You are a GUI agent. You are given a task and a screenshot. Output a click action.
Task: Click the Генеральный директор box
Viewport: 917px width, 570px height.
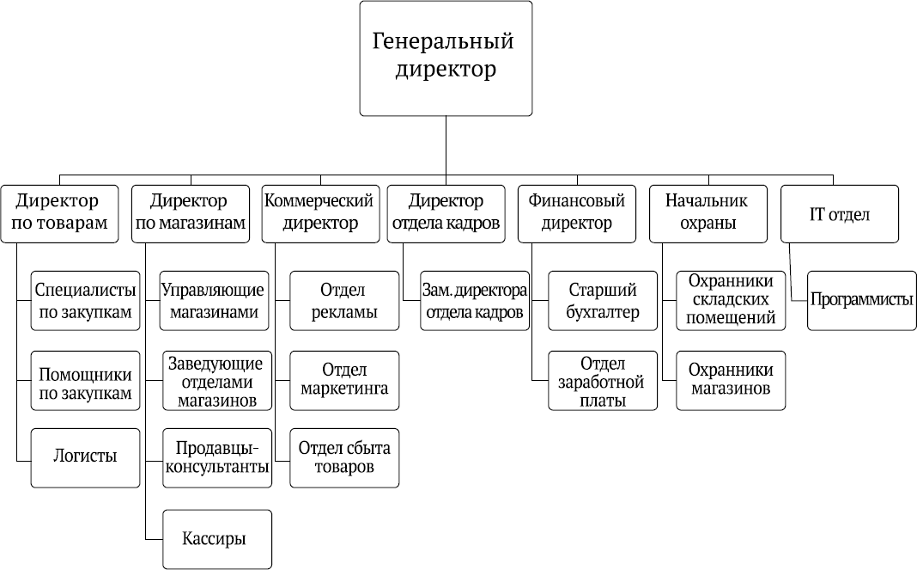tap(446, 58)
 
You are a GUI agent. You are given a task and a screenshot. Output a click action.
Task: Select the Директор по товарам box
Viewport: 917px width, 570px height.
tap(59, 214)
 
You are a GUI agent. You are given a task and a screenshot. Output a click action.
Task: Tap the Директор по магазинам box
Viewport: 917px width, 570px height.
tap(191, 214)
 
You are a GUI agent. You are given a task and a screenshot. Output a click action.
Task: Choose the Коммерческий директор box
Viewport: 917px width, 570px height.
tap(320, 214)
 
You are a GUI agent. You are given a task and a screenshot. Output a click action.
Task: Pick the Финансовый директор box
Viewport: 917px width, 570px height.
tap(577, 214)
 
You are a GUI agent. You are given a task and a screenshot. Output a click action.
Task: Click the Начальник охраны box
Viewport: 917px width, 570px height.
tap(708, 214)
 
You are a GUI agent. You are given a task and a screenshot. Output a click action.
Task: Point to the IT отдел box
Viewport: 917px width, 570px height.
tap(839, 214)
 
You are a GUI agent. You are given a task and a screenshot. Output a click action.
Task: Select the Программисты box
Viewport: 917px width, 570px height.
tap(861, 301)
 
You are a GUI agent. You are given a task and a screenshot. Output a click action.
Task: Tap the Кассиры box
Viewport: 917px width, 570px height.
tap(217, 539)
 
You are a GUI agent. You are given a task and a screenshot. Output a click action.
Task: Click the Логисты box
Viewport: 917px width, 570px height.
tap(85, 457)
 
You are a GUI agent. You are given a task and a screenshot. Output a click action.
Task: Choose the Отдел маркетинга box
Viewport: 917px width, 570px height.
tap(344, 380)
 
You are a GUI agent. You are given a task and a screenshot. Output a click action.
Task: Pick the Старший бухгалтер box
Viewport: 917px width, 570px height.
tap(603, 301)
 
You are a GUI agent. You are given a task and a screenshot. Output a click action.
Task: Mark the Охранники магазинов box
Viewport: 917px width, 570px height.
tap(731, 380)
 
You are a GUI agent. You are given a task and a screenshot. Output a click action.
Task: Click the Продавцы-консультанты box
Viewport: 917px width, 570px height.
tap(217, 457)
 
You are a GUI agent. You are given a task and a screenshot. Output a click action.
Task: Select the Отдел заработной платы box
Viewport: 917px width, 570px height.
tap(603, 380)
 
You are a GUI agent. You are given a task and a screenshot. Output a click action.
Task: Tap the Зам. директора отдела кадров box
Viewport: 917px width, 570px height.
tap(475, 301)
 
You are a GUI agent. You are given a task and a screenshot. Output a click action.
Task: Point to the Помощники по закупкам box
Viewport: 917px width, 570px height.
tap(85, 380)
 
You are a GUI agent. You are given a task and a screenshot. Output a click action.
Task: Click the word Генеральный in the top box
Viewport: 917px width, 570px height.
tap(443, 41)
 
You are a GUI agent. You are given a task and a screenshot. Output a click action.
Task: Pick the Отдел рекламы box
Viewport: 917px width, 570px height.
tap(344, 301)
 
